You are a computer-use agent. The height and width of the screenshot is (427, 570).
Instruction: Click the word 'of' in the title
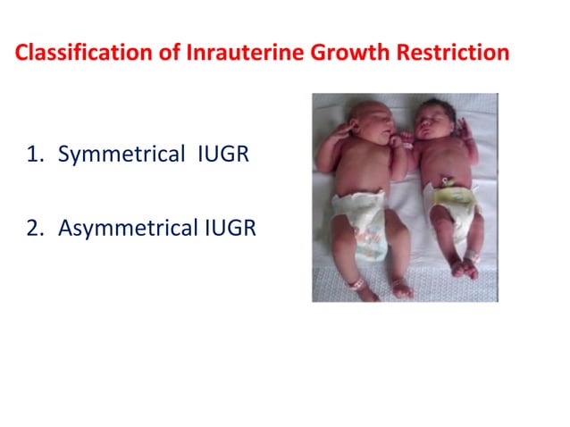(147, 53)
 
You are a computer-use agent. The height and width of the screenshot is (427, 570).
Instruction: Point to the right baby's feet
(465, 267)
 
